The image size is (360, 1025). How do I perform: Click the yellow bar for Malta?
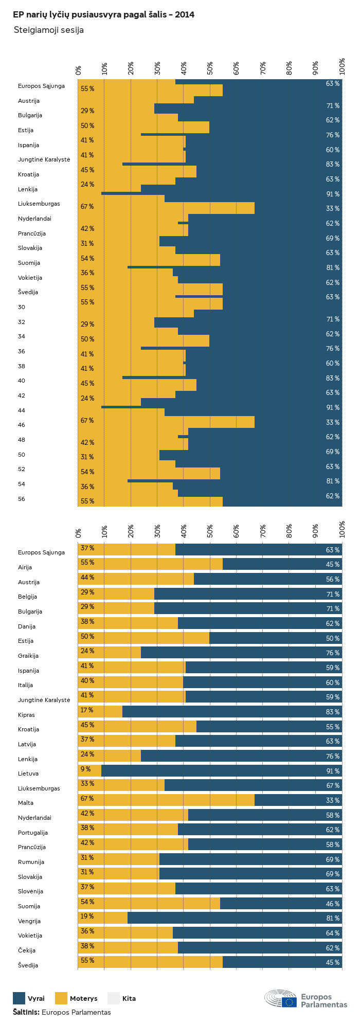click(x=166, y=800)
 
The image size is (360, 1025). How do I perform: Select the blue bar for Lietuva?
click(x=222, y=771)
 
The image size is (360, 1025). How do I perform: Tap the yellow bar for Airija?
click(x=150, y=564)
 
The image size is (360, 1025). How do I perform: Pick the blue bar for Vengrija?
click(x=235, y=918)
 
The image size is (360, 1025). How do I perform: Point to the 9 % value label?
click(x=85, y=769)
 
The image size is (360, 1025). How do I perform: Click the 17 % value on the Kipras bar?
click(x=87, y=710)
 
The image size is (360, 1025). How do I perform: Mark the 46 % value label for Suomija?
click(x=333, y=904)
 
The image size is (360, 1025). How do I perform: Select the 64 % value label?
click(x=333, y=933)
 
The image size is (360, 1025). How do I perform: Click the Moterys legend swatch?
click(x=61, y=998)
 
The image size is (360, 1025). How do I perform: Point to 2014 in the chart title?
click(x=185, y=15)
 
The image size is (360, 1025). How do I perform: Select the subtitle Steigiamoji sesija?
click(x=49, y=30)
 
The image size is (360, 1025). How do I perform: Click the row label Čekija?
click(x=27, y=950)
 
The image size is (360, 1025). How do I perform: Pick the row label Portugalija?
click(x=33, y=833)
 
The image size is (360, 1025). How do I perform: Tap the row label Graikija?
click(x=28, y=656)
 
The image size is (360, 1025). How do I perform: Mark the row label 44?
click(x=22, y=410)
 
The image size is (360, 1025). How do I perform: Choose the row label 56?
click(x=22, y=499)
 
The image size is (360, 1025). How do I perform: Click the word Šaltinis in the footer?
click(x=26, y=1012)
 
